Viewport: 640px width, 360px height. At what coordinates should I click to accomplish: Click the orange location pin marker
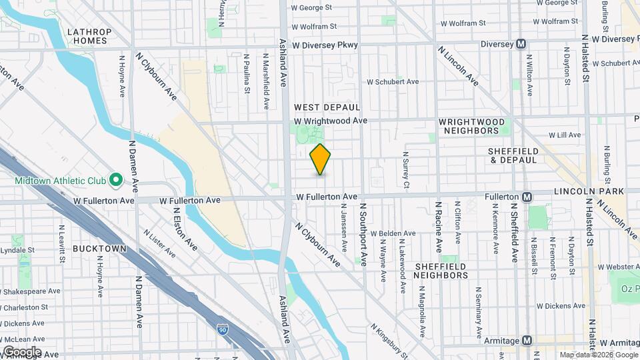pos(321,159)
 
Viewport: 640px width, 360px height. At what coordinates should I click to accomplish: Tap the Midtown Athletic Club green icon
pos(115,179)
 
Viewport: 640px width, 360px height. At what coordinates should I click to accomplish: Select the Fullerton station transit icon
pos(527,197)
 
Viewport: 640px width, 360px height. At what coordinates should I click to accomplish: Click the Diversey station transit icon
pos(521,45)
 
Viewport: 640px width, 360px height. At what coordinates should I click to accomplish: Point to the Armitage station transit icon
pos(527,341)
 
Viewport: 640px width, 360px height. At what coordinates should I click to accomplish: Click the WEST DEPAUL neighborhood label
pos(327,107)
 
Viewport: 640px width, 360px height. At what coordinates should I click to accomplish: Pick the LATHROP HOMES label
pos(89,35)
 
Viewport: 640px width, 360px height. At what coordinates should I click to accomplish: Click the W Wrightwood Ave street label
pos(331,121)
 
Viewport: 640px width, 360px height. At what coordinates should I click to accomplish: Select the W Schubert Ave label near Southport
pos(393,81)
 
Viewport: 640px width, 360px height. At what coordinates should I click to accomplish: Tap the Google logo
pos(21,351)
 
